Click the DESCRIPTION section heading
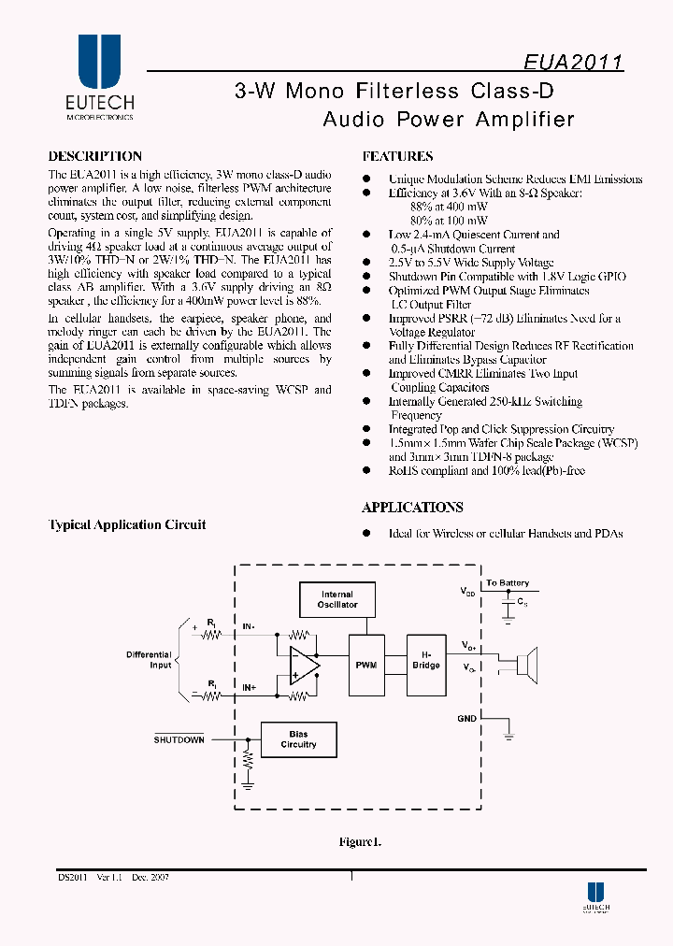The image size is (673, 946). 94,157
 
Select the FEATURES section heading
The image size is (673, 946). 397,157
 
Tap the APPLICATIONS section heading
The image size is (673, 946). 412,508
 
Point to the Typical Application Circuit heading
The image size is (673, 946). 127,525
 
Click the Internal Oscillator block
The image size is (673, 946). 336,599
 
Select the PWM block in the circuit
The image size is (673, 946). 365,665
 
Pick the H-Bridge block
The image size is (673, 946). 426,660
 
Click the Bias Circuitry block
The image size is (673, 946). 298,739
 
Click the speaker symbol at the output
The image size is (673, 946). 525,666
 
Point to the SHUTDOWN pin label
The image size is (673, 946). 179,739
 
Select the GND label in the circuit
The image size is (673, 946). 467,719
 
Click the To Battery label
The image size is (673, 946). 508,583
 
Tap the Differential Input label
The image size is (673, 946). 149,660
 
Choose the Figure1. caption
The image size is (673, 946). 359,842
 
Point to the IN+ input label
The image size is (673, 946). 251,687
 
